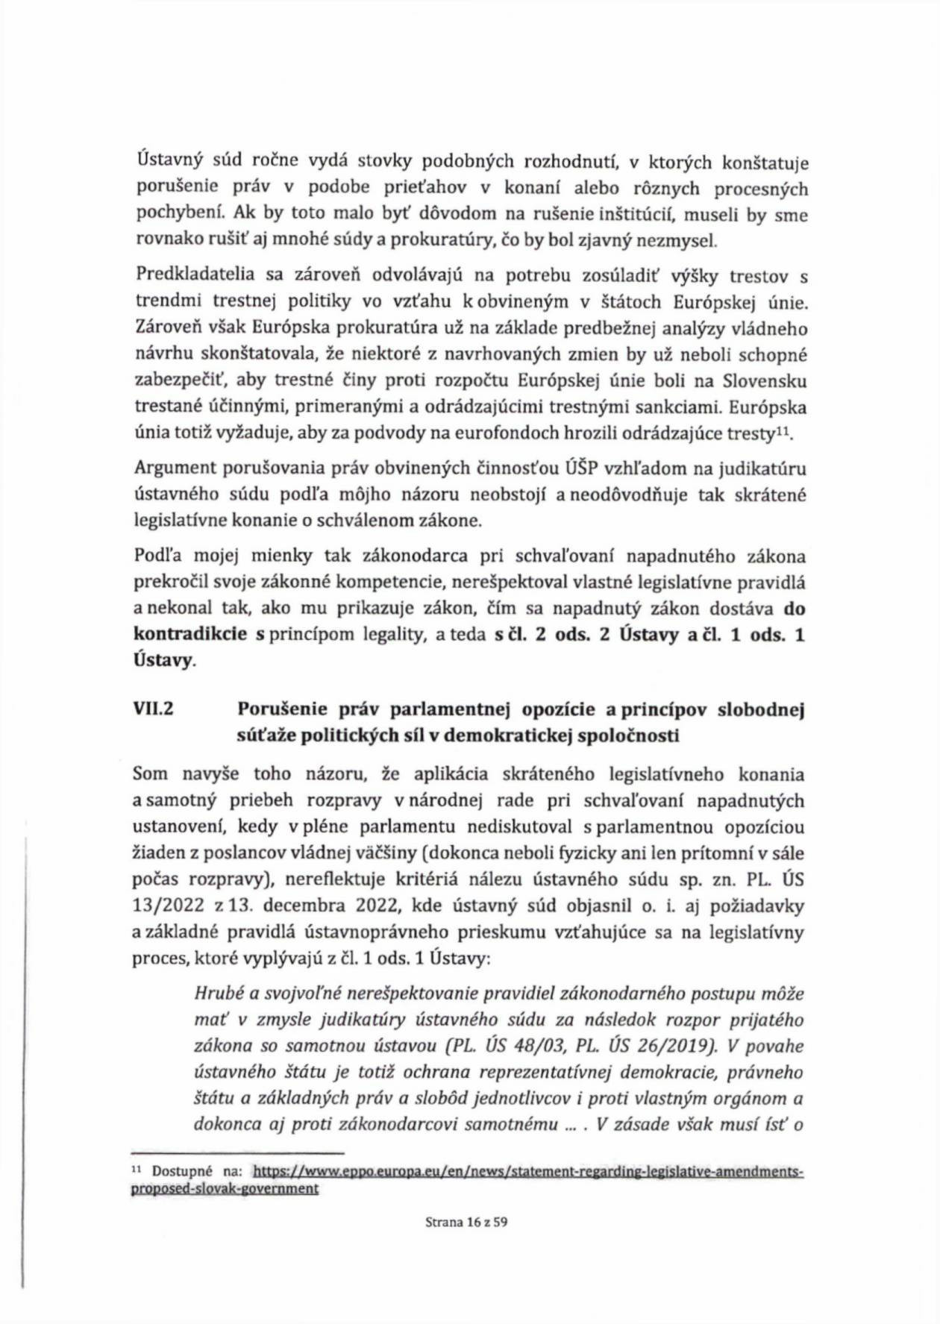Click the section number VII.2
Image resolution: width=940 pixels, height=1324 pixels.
pyautogui.click(x=153, y=709)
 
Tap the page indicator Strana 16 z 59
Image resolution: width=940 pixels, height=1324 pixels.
pyautogui.click(x=467, y=1222)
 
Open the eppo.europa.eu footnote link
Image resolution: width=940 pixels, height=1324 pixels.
pyautogui.click(x=528, y=1172)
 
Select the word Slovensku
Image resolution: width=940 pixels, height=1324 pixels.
pyautogui.click(x=765, y=381)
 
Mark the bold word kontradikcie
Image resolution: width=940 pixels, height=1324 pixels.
pyautogui.click(x=190, y=635)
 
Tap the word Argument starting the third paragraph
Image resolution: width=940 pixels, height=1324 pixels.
pyautogui.click(x=175, y=468)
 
